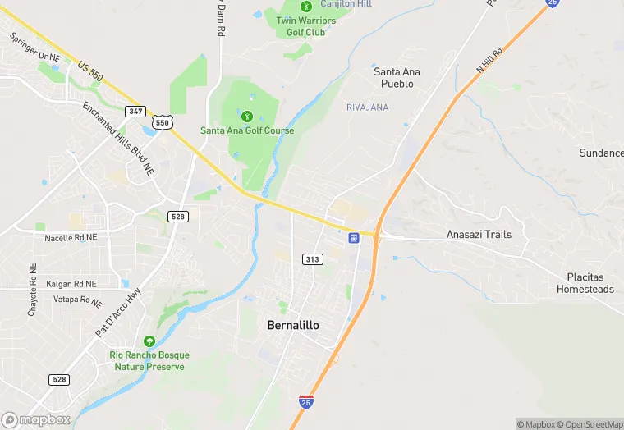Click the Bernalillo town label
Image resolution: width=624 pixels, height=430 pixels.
[293, 325]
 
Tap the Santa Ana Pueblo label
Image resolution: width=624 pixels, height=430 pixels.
[397, 78]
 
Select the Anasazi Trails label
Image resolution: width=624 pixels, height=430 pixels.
[479, 234]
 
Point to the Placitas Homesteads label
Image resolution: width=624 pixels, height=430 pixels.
[585, 283]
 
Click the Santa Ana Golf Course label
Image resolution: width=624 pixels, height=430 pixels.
[247, 130]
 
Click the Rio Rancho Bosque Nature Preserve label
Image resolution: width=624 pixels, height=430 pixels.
[149, 360]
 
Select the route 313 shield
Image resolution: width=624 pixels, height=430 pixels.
[312, 259]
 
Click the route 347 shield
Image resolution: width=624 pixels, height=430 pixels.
[135, 110]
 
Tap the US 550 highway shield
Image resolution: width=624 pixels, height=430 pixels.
[163, 123]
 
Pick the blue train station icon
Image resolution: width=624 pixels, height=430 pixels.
[354, 238]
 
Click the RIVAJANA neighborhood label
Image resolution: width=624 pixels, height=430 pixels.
[368, 107]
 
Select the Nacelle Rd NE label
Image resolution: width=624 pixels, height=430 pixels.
[71, 237]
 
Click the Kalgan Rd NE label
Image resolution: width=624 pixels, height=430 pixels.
[71, 283]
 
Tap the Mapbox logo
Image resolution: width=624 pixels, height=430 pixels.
[36, 419]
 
